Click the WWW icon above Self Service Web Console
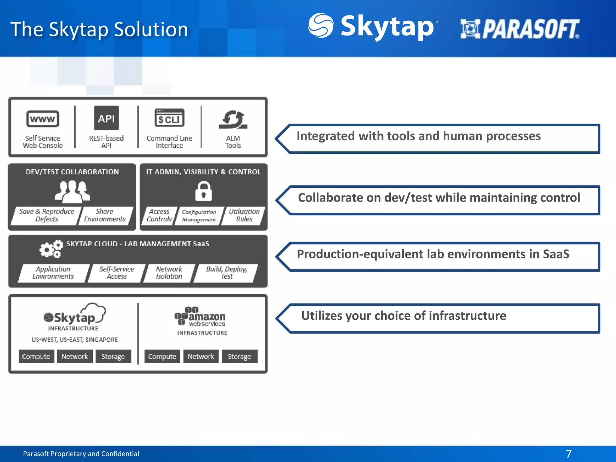tap(43, 119)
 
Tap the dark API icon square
tap(106, 118)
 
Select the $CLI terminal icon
tap(169, 118)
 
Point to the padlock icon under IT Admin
tap(204, 191)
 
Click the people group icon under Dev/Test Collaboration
tap(72, 192)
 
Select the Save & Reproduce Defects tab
tap(46, 215)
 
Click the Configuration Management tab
tap(199, 216)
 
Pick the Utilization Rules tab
tap(244, 215)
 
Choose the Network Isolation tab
tap(169, 273)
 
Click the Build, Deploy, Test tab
tap(226, 273)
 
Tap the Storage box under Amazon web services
tap(239, 356)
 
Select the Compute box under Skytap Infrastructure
tap(36, 356)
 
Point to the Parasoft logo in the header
tap(520, 29)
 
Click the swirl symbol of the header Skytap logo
tap(321, 25)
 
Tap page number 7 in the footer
tap(568, 454)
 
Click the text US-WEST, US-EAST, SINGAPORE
tap(75, 340)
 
